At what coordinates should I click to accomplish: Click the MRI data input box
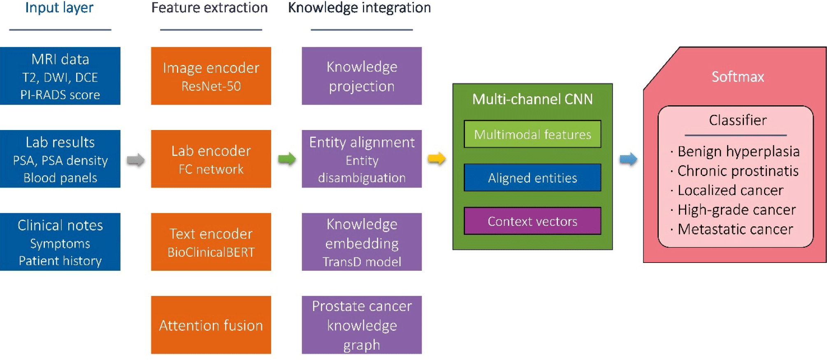click(x=60, y=76)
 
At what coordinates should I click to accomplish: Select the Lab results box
click(x=60, y=159)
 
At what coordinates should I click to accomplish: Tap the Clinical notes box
click(x=60, y=242)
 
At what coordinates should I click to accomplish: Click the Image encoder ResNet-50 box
click(x=211, y=76)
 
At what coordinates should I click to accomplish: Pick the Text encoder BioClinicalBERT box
click(x=211, y=242)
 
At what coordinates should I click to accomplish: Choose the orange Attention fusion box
click(x=211, y=325)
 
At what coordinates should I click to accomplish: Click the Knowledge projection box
click(x=362, y=76)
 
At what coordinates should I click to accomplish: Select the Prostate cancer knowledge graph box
click(x=362, y=325)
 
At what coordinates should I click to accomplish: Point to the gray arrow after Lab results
click(x=135, y=160)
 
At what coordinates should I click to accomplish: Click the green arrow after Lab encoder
click(x=287, y=159)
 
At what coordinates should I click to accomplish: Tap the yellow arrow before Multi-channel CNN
click(x=437, y=158)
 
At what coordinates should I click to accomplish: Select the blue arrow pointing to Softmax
click(x=628, y=159)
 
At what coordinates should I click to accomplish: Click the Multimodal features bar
click(x=532, y=134)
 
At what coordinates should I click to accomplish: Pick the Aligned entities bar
click(x=532, y=178)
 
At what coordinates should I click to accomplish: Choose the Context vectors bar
click(x=532, y=221)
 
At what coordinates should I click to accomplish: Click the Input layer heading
click(x=59, y=8)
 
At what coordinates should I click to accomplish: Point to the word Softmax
click(x=738, y=77)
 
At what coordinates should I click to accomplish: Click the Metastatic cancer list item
click(x=735, y=229)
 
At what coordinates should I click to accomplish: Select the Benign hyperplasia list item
click(x=738, y=151)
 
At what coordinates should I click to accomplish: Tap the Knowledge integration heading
click(x=359, y=8)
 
